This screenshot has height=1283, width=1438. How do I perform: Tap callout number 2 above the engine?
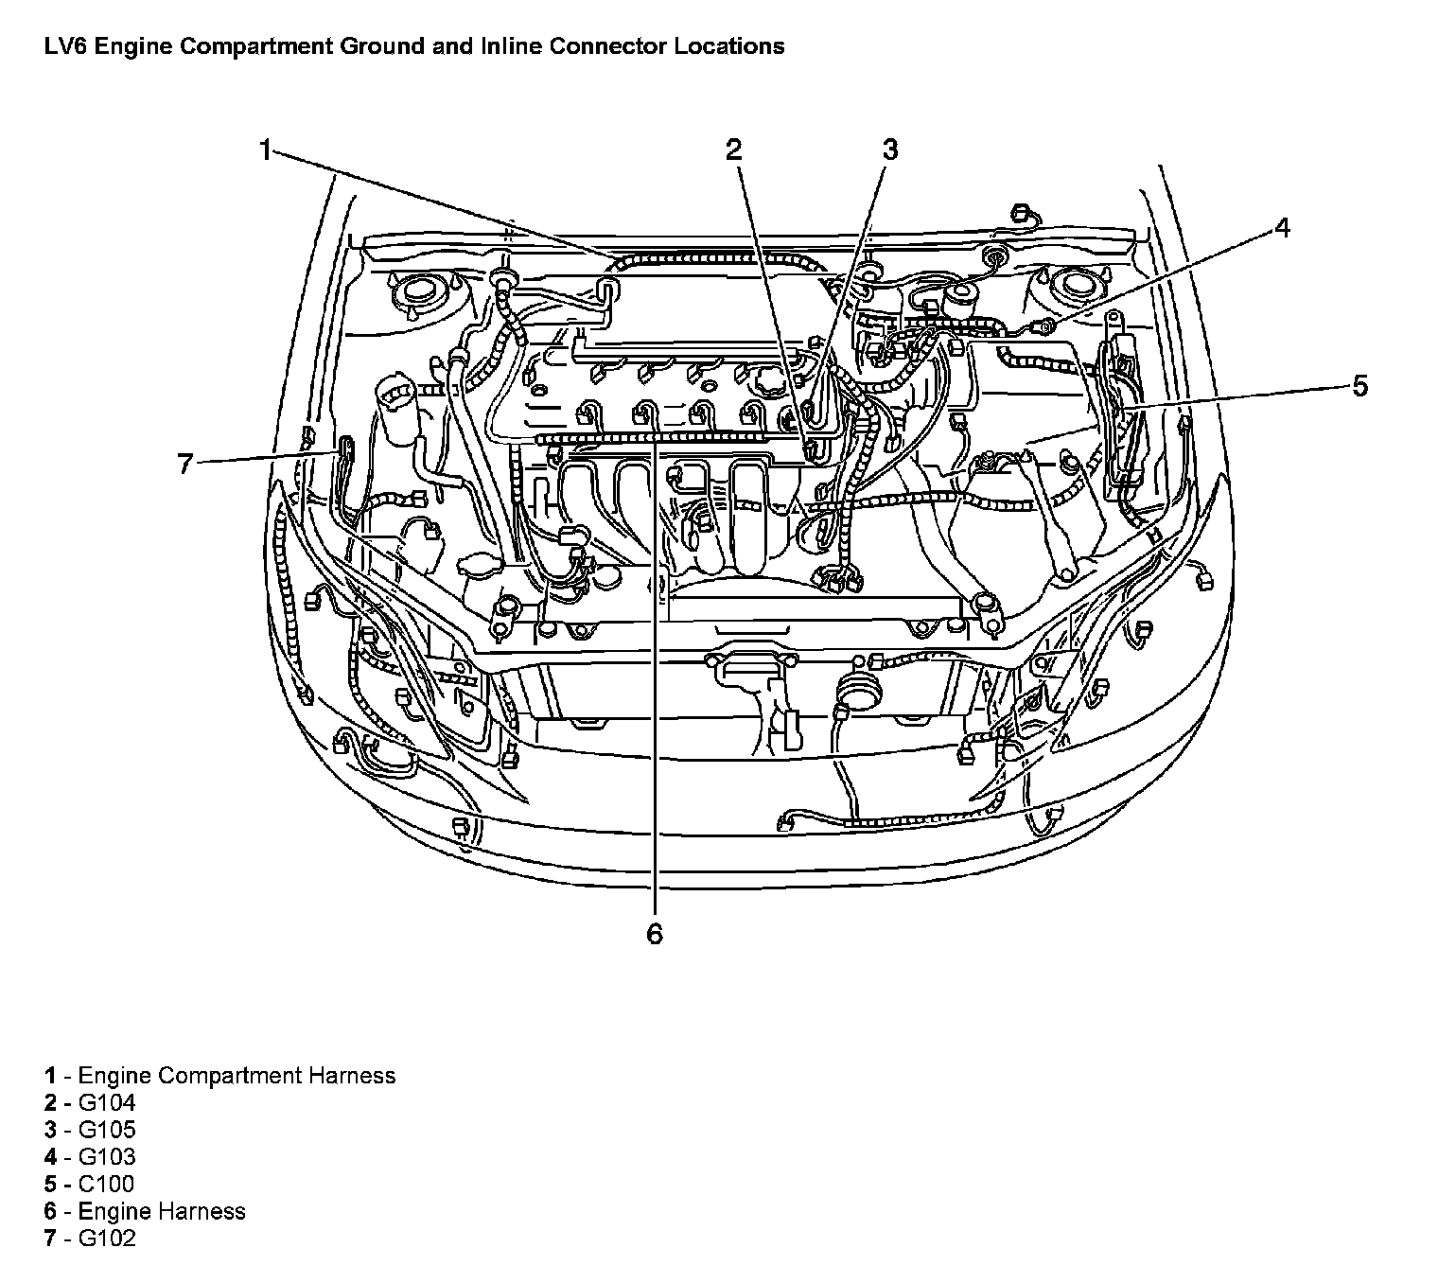(735, 149)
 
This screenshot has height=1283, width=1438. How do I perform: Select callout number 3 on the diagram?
(889, 149)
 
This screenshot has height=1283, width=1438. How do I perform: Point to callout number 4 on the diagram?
(1281, 228)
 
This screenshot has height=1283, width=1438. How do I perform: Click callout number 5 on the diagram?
(1359, 386)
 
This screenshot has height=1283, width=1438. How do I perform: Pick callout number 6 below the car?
(655, 935)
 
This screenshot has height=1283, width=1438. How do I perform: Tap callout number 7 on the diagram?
(185, 464)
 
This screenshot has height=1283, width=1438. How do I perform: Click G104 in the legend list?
(106, 1102)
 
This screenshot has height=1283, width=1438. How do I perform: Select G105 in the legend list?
(106, 1130)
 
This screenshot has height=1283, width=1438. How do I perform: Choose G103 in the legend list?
(106, 1157)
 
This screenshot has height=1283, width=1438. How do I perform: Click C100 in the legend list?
(106, 1185)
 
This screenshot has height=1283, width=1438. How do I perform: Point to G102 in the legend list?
(106, 1239)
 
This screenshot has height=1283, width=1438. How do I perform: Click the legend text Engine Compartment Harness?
(237, 1076)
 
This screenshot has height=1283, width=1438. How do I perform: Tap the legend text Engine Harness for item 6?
(162, 1212)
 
